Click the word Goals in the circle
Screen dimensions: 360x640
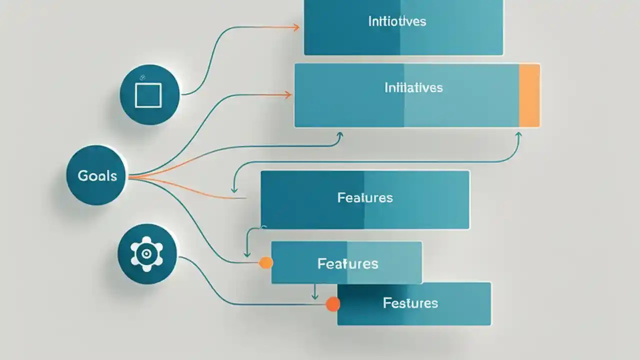tap(97, 176)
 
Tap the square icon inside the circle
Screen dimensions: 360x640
tap(148, 95)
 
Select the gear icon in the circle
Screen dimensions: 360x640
tap(146, 253)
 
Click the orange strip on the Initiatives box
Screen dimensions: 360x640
tap(529, 95)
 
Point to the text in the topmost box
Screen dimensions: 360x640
tap(397, 21)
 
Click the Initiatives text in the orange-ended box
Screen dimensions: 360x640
tap(413, 88)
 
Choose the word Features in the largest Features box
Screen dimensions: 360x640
tap(365, 197)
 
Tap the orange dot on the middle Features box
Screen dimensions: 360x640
tap(266, 262)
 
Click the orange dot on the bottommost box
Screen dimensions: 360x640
tap(332, 303)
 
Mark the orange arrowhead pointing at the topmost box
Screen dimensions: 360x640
tap(296, 27)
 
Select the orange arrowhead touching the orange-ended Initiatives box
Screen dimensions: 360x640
tap(288, 94)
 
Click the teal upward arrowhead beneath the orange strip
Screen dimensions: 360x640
tap(518, 135)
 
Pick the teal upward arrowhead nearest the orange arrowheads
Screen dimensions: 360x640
tap(340, 135)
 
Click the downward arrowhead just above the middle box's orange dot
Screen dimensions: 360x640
tap(246, 253)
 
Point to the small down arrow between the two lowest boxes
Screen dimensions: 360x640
tap(314, 296)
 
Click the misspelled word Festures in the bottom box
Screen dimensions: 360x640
tap(410, 303)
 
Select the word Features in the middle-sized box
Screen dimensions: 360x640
tap(347, 263)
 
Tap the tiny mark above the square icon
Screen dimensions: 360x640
tap(141, 77)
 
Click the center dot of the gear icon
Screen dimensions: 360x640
tap(146, 253)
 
